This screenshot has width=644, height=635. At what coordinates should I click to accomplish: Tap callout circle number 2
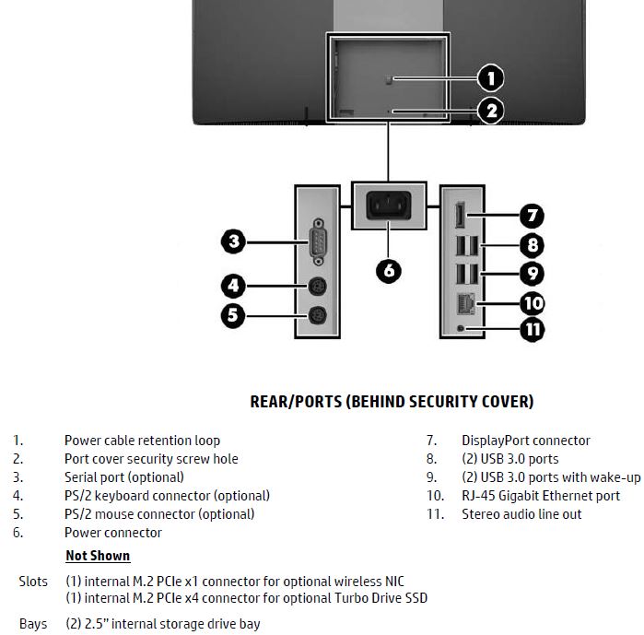click(x=490, y=111)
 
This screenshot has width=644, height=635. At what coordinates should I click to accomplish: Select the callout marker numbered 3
click(x=234, y=242)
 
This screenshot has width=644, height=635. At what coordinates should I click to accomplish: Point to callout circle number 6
click(x=390, y=269)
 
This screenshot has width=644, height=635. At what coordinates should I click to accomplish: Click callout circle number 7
click(x=531, y=217)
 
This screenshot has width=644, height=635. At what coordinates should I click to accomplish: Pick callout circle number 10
click(x=533, y=302)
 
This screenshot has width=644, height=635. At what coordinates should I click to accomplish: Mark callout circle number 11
click(x=533, y=329)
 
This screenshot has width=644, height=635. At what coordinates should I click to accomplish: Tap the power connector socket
click(x=390, y=205)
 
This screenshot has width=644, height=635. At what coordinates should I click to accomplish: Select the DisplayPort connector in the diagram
click(x=459, y=217)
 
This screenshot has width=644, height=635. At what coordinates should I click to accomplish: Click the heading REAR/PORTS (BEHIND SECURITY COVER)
click(x=392, y=402)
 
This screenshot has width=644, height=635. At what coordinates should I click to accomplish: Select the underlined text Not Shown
click(x=98, y=556)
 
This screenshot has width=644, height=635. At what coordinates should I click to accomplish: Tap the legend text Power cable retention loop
click(x=142, y=441)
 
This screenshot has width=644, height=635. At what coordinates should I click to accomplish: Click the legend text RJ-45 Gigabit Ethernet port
click(x=541, y=496)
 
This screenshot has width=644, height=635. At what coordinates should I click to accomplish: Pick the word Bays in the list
click(x=33, y=624)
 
